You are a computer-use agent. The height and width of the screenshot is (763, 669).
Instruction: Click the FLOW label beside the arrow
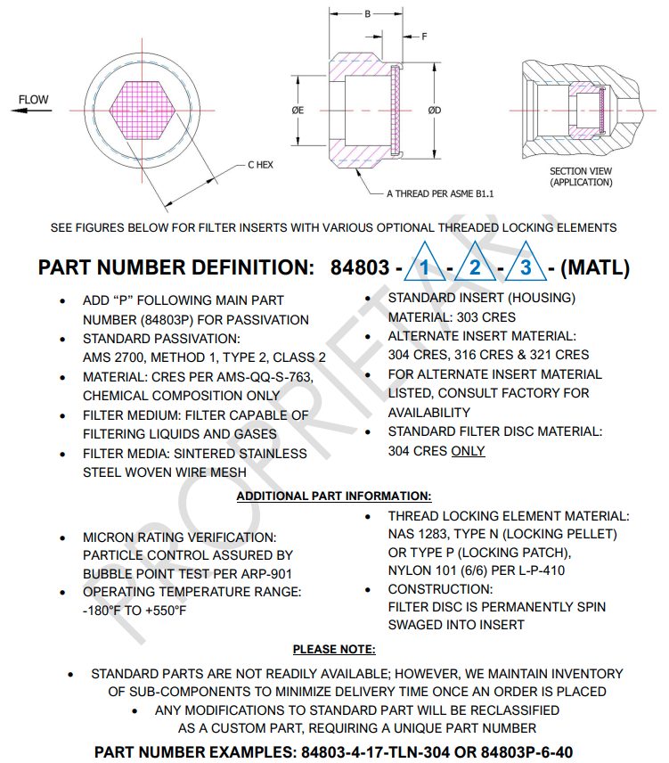(x=35, y=100)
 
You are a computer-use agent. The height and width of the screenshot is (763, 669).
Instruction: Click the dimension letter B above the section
(x=367, y=14)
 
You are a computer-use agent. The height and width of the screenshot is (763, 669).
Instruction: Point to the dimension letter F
(x=424, y=37)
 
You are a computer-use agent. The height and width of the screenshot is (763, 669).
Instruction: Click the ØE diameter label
(x=298, y=111)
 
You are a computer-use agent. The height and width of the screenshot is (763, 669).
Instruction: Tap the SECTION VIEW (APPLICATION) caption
(x=581, y=176)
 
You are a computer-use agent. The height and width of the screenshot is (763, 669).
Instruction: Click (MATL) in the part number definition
(x=597, y=267)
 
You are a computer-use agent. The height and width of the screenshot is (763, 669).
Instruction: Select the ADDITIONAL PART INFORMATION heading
(x=334, y=496)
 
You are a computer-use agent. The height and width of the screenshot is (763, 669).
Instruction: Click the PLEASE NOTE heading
(x=334, y=650)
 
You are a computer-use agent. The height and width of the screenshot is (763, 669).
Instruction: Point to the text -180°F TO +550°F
(x=134, y=611)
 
